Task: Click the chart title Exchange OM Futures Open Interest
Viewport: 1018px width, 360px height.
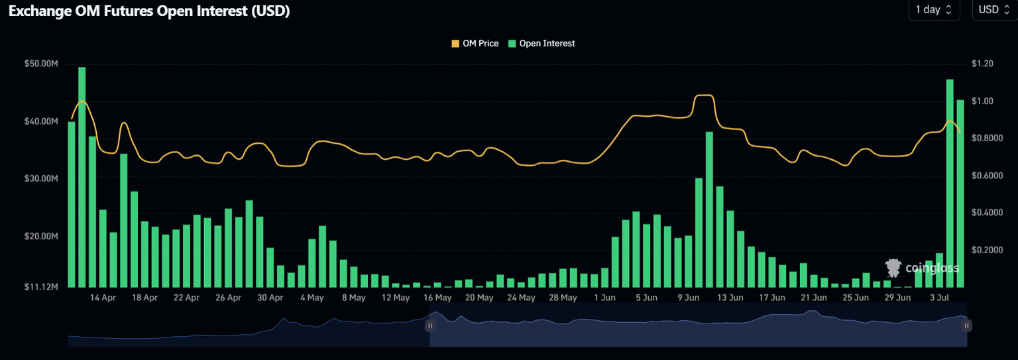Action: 149,11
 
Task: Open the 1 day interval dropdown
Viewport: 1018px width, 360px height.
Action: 934,10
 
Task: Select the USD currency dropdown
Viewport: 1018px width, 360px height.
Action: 993,10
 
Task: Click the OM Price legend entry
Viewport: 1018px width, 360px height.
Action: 475,44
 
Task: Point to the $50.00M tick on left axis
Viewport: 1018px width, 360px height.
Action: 41,64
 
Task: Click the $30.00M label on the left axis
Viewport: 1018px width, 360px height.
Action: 41,179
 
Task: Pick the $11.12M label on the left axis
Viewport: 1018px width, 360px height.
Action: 41,287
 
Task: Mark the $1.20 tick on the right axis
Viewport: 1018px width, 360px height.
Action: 982,64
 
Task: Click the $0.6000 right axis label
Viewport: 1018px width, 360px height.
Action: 987,176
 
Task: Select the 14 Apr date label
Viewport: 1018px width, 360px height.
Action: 103,298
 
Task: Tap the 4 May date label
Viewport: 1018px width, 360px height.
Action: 311,298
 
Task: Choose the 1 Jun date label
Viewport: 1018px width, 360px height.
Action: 604,298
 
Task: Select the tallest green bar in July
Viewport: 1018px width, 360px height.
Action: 950,183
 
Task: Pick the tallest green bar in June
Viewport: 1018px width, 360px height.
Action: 709,210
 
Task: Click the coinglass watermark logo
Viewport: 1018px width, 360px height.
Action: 921,268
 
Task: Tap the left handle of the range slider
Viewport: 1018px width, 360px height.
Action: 430,326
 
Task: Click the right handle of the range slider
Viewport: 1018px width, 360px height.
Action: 967,326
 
